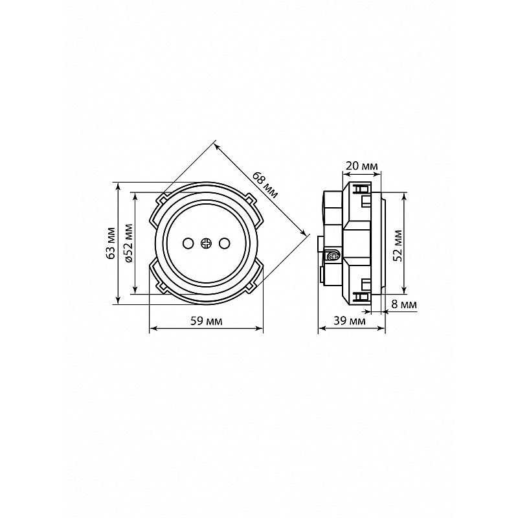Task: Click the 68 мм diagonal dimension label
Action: [x=265, y=185]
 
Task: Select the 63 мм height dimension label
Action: [x=111, y=243]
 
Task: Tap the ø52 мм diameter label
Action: [x=128, y=243]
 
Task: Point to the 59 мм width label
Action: [x=207, y=321]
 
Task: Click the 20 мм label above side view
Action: [x=361, y=166]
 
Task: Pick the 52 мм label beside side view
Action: [x=398, y=246]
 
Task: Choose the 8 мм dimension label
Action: [x=403, y=304]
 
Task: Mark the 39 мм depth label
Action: [x=350, y=321]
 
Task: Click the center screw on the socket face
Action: [x=205, y=243]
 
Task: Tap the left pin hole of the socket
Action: [x=187, y=243]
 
